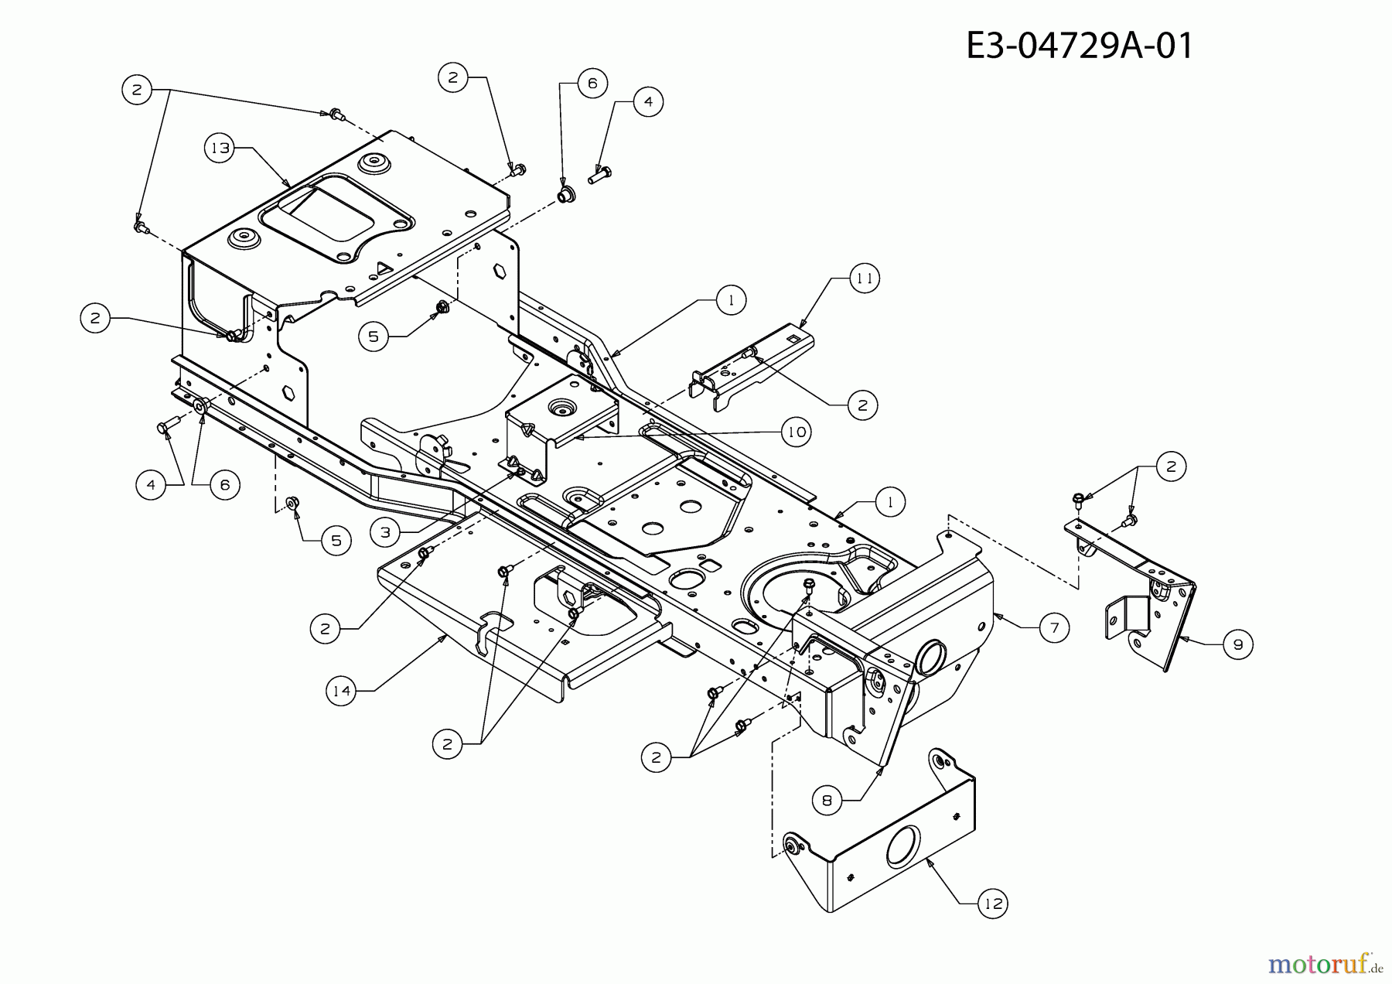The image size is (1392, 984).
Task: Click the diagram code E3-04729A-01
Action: point(1080,46)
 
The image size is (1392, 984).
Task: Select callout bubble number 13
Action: point(221,148)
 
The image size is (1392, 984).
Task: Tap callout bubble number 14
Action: point(342,691)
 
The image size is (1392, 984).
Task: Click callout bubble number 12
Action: point(993,903)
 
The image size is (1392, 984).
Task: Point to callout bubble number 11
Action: point(864,278)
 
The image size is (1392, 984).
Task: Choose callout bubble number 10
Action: point(796,432)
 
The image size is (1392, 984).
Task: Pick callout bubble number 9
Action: point(1237,644)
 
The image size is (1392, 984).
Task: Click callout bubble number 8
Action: point(827,801)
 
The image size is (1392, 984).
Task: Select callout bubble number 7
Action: point(1054,627)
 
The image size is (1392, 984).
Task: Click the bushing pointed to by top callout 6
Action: point(564,193)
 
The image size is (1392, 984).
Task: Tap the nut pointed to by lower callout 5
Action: point(292,504)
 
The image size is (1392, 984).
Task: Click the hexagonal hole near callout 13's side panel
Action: point(500,272)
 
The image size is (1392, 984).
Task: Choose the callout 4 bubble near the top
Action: point(648,101)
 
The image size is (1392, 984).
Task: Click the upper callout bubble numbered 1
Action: point(731,300)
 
